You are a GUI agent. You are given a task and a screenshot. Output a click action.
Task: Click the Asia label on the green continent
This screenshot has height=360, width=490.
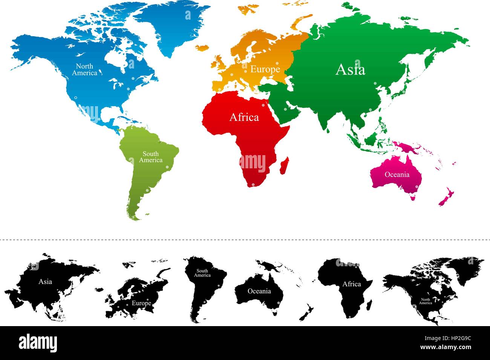click(x=350, y=70)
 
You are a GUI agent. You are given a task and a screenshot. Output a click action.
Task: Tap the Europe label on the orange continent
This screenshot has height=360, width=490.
click(x=265, y=69)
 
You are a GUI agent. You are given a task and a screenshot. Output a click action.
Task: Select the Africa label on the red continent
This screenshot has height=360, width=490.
click(x=244, y=117)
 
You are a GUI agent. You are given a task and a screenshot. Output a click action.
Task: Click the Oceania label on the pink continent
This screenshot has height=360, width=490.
click(x=397, y=174)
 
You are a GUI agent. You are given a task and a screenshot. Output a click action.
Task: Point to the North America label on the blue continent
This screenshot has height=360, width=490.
click(x=84, y=70)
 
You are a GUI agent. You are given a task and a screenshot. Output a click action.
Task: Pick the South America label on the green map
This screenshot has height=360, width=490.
click(x=150, y=157)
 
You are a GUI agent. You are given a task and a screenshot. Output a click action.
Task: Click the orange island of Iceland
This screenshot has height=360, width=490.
click(x=202, y=48)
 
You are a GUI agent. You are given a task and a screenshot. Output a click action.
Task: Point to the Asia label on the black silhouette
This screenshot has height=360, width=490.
click(x=45, y=282)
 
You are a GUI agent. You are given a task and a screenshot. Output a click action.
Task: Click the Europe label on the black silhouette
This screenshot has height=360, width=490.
click(x=141, y=303)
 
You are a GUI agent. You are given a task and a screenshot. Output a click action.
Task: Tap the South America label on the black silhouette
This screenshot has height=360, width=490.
click(x=202, y=273)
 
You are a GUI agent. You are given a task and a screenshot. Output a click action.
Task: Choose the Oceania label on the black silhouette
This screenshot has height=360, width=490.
click(x=259, y=291)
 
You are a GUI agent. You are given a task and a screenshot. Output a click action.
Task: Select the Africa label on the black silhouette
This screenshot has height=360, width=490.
click(x=351, y=284)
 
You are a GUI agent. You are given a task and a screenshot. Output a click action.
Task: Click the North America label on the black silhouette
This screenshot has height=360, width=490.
click(x=426, y=301)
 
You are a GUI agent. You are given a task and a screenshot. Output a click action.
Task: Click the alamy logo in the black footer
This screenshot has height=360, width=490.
click(x=38, y=343)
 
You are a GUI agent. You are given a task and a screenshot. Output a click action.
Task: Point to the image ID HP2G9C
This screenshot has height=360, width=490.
click(x=459, y=339)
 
